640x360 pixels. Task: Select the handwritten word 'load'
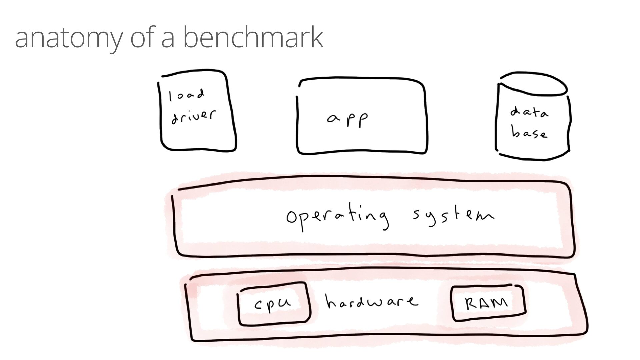click(x=186, y=95)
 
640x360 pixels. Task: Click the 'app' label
click(x=348, y=120)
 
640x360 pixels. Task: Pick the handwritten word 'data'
click(x=529, y=112)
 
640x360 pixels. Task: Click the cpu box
click(x=274, y=304)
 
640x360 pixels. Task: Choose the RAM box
click(x=488, y=303)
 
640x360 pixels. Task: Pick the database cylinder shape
click(x=533, y=117)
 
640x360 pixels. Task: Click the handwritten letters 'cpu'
click(x=273, y=304)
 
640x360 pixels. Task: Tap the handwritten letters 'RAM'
click(x=486, y=304)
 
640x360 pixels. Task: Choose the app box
click(x=362, y=117)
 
